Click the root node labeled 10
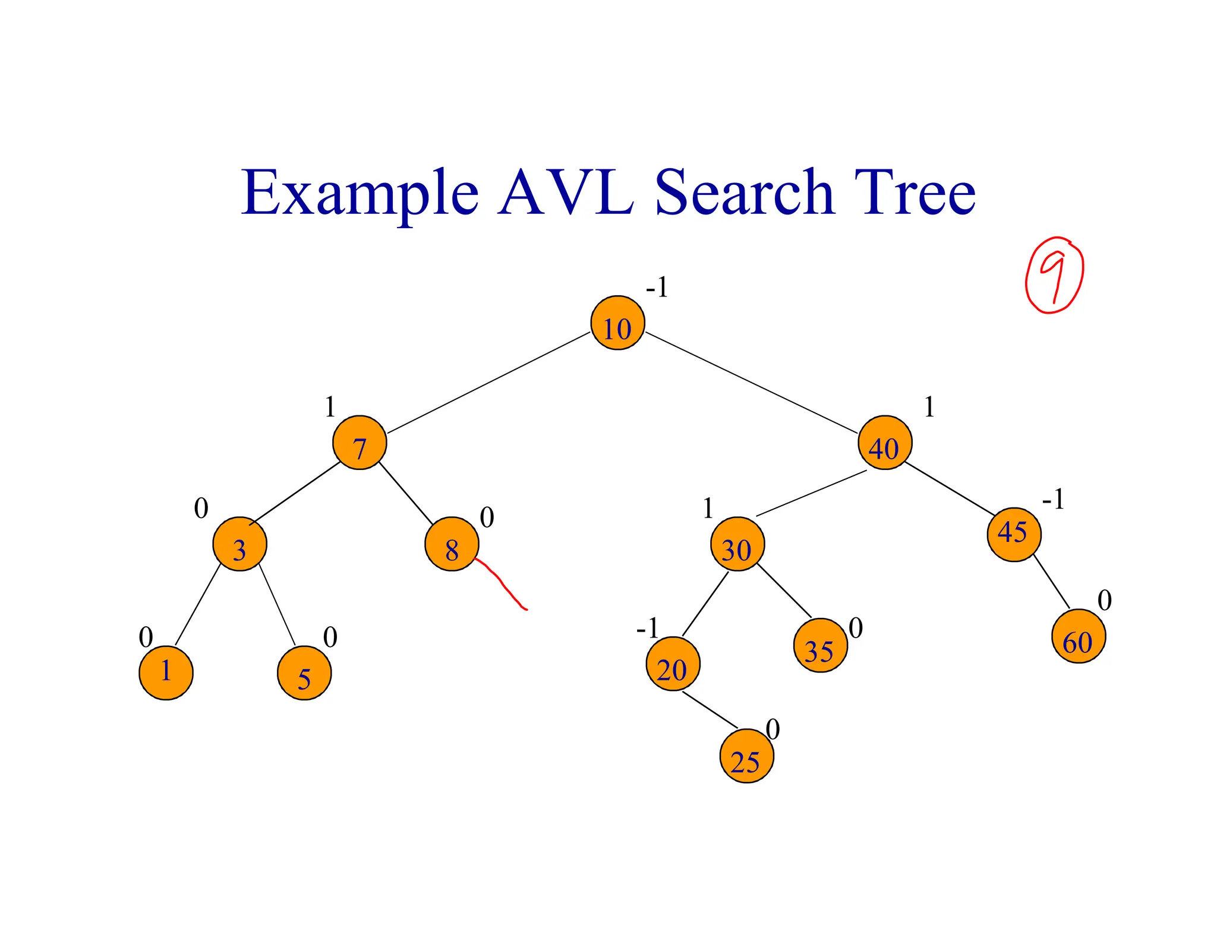(617, 323)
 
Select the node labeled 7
(360, 443)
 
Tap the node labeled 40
(885, 443)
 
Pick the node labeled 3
(239, 544)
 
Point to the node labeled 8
(452, 544)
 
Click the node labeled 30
(737, 544)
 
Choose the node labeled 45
(1014, 534)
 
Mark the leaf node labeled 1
(166, 673)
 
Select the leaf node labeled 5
(304, 673)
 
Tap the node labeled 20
(673, 664)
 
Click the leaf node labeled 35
(820, 645)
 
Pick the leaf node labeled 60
(1079, 636)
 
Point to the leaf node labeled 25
(746, 756)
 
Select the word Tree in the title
(915, 193)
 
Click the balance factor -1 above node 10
(657, 288)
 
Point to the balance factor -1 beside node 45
(1053, 499)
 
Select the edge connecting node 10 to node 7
(488, 383)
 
